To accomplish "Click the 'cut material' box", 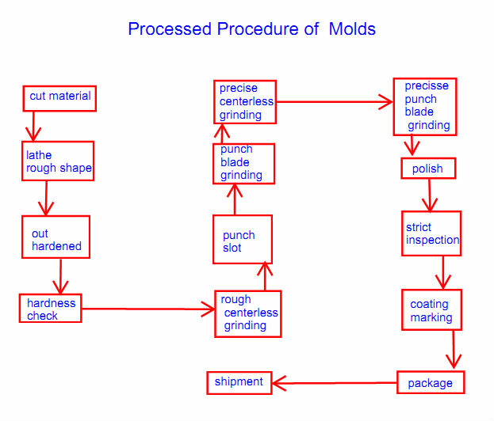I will tap(59, 97).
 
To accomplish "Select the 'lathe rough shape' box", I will tap(58, 161).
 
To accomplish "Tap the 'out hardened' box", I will tap(56, 237).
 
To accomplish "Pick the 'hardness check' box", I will tap(51, 309).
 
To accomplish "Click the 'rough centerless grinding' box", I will tap(247, 313).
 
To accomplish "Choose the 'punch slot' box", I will tap(242, 240).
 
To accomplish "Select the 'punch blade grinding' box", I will tap(243, 163).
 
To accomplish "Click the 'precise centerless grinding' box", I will tap(245, 101).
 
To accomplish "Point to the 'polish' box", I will tap(427, 169).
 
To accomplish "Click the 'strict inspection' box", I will tap(431, 233).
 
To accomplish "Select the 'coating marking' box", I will tap(431, 310).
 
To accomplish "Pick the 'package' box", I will tap(431, 383).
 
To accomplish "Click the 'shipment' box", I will tap(239, 382).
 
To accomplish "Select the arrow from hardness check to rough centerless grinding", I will tap(147, 309).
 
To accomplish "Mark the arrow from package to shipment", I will tap(334, 384).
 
